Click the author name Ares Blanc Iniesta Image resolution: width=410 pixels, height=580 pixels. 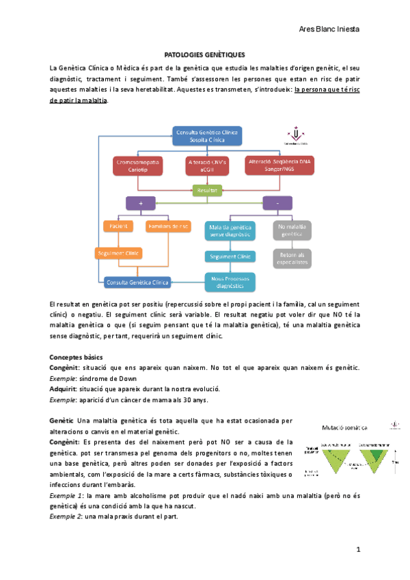[330, 29]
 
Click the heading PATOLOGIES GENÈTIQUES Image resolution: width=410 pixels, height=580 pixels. [205, 53]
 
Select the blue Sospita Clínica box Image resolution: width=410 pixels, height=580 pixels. [206, 135]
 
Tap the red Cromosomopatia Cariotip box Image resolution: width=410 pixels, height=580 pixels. [138, 165]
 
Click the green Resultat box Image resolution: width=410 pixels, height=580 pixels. [207, 191]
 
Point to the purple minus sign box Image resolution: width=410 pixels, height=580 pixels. [278, 203]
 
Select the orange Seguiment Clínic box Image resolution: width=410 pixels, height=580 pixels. [118, 253]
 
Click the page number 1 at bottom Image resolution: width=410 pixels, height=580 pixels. [357, 550]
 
